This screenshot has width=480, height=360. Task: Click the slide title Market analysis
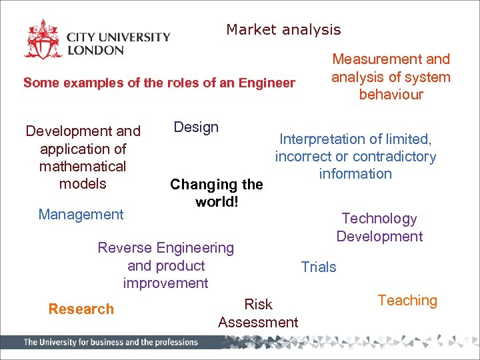tap(283, 30)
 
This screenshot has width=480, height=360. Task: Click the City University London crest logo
tap(43, 40)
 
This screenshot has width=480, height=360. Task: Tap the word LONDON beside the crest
tap(95, 50)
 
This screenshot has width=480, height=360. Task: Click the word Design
tap(196, 127)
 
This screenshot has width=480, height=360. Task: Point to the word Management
tap(81, 214)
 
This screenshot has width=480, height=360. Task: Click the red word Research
tap(81, 309)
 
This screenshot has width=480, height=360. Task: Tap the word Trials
tap(319, 267)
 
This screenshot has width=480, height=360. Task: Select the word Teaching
tap(407, 301)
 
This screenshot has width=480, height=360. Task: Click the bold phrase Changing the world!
tap(217, 193)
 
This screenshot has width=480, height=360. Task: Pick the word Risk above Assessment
tap(258, 305)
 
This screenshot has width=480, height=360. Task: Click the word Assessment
tap(258, 323)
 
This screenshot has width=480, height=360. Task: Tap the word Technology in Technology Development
tap(379, 219)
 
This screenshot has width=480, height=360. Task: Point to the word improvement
tap(165, 283)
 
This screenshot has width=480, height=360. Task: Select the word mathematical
tap(83, 166)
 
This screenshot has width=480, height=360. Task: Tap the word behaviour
tap(391, 95)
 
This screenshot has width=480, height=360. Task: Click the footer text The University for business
tap(111, 342)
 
